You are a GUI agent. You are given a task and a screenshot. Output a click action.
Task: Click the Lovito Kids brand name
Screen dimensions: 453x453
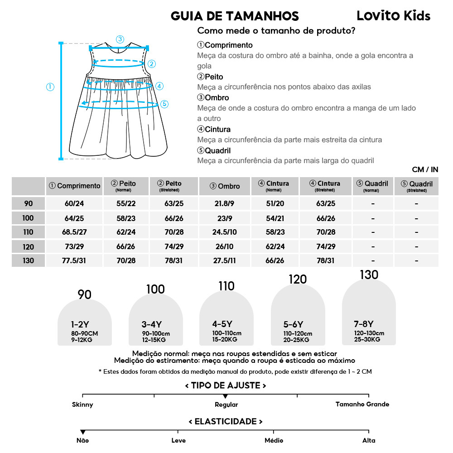tap(393, 16)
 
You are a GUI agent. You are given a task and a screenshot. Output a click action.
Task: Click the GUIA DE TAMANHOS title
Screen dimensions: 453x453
tap(235, 16)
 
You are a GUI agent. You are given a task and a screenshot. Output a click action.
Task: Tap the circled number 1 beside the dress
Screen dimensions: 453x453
tap(50, 87)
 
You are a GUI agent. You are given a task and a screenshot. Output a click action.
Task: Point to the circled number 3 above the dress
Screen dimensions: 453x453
tap(120, 39)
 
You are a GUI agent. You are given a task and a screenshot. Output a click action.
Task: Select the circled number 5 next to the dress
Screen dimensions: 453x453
tap(164, 104)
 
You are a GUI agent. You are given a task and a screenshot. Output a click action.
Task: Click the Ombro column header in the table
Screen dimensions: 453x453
tap(225, 186)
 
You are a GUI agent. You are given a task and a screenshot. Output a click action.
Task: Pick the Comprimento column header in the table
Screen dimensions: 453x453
tap(74, 186)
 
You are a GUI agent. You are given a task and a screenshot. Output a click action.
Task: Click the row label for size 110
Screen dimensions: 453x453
tap(28, 232)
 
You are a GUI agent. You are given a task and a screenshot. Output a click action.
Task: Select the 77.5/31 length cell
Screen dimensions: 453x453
tap(74, 261)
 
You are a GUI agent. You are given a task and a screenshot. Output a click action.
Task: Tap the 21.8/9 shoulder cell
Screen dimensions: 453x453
tap(225, 203)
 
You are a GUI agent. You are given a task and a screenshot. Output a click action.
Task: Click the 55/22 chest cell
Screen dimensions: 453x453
tap(126, 203)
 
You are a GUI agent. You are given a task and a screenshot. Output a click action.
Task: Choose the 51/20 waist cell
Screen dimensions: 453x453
tap(275, 203)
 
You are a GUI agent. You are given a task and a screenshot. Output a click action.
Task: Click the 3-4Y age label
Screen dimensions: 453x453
tap(152, 324)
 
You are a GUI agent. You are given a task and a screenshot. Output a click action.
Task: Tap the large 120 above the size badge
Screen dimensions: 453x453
tap(297, 280)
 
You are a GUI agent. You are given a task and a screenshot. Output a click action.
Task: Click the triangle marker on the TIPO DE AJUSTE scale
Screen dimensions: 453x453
tap(226, 397)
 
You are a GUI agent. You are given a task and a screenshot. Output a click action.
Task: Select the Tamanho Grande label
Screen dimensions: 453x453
tap(362, 404)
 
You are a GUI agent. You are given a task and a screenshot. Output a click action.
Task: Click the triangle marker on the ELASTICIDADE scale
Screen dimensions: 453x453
tap(82, 432)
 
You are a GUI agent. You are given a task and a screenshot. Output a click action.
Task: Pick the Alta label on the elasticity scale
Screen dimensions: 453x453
tap(369, 440)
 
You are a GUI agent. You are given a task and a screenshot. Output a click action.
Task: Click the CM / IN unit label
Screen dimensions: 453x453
tap(425, 169)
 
